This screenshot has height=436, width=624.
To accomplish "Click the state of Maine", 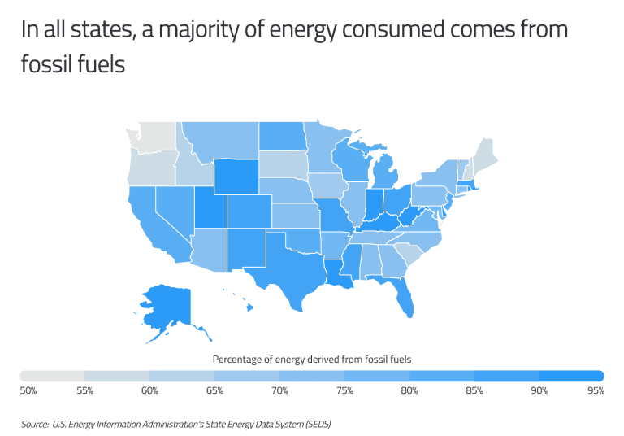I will tap(485, 153).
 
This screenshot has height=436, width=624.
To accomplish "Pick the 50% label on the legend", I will tap(28, 391).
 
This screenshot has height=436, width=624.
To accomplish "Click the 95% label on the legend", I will tap(596, 391).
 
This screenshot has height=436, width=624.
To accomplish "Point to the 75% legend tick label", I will tap(344, 391).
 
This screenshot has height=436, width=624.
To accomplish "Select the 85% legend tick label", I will tap(474, 391).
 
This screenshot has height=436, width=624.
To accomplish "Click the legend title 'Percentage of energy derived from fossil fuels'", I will tap(312, 359).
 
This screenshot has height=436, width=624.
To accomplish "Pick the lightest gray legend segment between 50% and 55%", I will tap(54, 376).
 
